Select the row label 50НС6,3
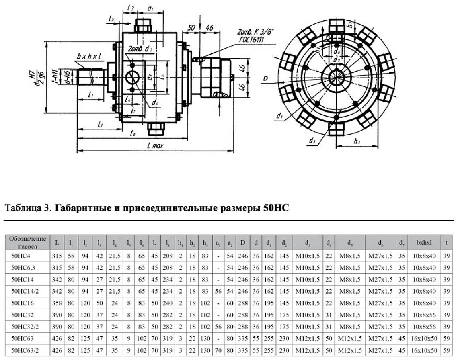tap(27, 267)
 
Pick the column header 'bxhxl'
tap(424, 243)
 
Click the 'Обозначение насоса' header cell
tap(27, 242)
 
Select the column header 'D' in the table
tap(242, 243)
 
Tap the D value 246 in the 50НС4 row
tap(242, 256)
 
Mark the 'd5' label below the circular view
tap(312, 140)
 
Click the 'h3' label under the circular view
tap(357, 141)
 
